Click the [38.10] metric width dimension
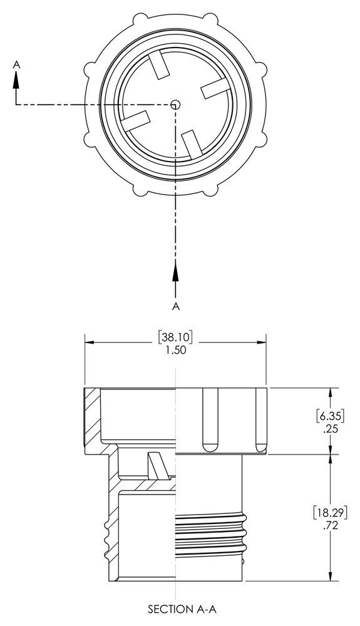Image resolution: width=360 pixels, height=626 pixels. tap(176, 336)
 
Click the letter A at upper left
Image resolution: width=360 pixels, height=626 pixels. tap(16, 64)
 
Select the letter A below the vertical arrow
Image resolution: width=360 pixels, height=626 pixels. tap(176, 305)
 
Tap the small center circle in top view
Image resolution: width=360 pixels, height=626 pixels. tap(176, 105)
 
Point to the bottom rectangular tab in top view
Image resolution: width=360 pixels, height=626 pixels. tap(192, 143)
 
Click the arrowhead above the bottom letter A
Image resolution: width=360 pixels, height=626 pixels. tap(176, 270)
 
